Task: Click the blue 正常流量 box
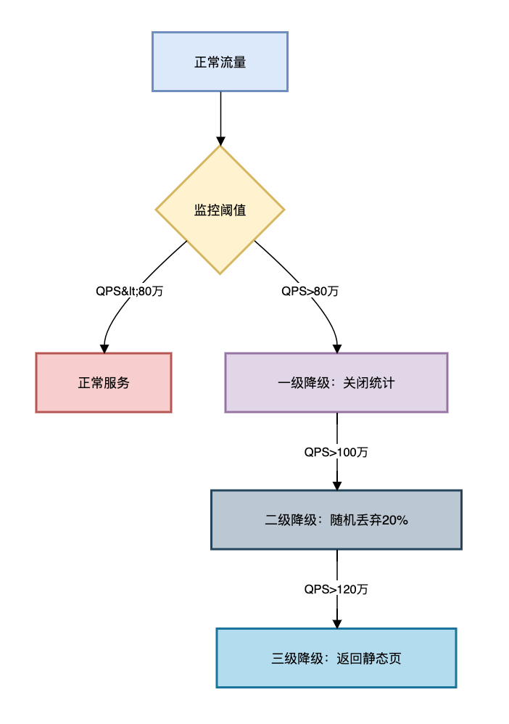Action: pyautogui.click(x=220, y=62)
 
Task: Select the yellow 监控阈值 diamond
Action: pyautogui.click(x=220, y=210)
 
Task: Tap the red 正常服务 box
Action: pyautogui.click(x=104, y=382)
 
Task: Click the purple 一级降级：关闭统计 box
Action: pyautogui.click(x=336, y=382)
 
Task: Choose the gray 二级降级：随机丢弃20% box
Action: pyautogui.click(x=336, y=519)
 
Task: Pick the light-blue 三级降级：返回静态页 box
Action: pyautogui.click(x=336, y=658)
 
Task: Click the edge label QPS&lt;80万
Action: pyautogui.click(x=130, y=291)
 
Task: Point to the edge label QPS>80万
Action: pyautogui.click(x=310, y=291)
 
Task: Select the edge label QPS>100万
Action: pyautogui.click(x=336, y=451)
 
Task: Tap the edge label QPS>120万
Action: pyautogui.click(x=336, y=589)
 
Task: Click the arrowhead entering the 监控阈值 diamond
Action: pyautogui.click(x=220, y=141)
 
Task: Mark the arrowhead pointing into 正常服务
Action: pyautogui.click(x=104, y=348)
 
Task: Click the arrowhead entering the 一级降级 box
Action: pyautogui.click(x=337, y=348)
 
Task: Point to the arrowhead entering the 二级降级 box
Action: pyautogui.click(x=336, y=485)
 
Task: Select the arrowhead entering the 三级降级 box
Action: pyautogui.click(x=336, y=623)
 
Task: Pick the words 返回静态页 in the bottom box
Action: pyautogui.click(x=368, y=658)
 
